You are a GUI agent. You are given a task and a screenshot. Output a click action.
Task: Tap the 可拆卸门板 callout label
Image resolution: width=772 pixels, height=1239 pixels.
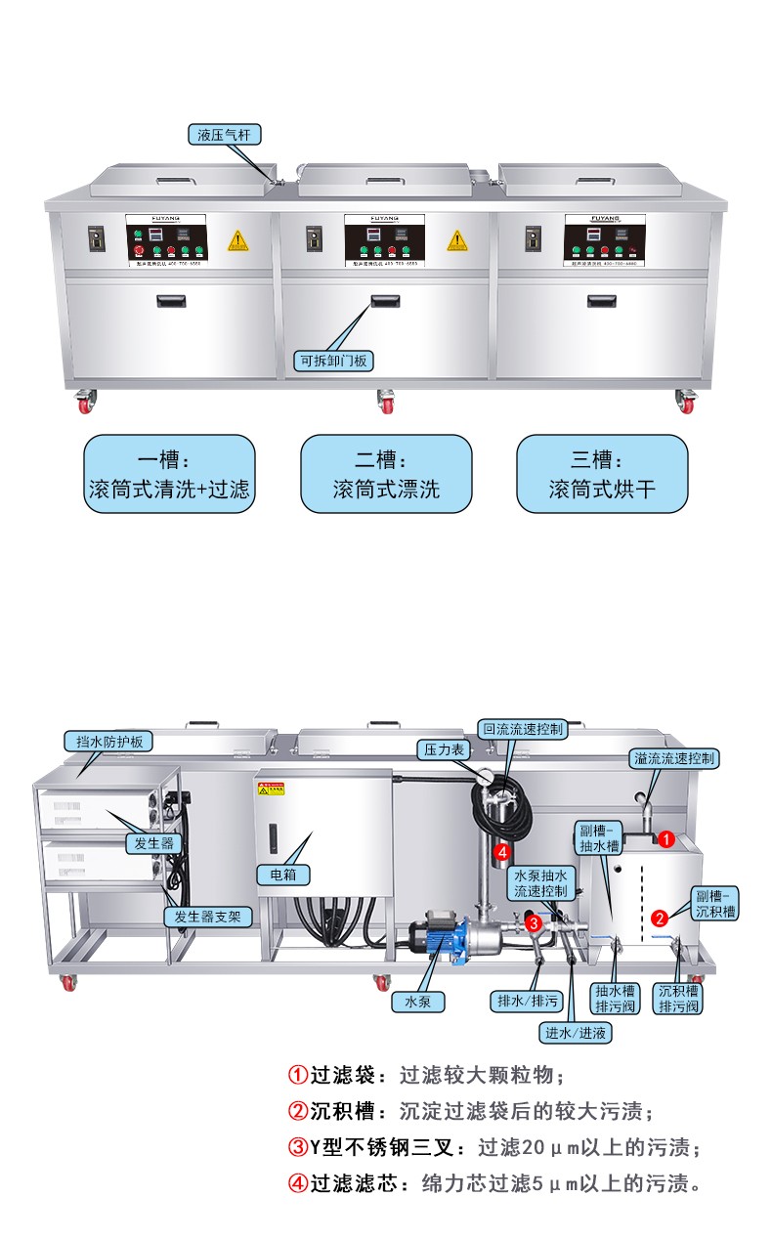coord(334,361)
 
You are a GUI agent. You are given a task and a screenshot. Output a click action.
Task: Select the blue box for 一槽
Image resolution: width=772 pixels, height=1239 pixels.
coord(169,474)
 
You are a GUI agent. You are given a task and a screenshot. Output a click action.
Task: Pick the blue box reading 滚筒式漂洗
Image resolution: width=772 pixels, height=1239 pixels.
coord(386,474)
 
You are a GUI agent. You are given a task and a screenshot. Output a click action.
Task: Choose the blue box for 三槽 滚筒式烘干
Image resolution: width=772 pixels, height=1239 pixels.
coord(602,474)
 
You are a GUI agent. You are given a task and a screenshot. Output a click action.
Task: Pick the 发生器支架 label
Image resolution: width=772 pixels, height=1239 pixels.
coord(208,917)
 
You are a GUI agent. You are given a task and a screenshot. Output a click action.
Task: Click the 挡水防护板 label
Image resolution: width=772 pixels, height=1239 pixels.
coord(109,742)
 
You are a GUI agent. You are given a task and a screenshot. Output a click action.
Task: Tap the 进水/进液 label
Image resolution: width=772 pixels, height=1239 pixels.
coord(578,1031)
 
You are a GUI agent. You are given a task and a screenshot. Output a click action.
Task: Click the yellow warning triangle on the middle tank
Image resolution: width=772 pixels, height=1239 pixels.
coord(457,240)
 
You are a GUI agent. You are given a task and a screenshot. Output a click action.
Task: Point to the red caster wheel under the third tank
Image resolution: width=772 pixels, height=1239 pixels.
coord(686,400)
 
